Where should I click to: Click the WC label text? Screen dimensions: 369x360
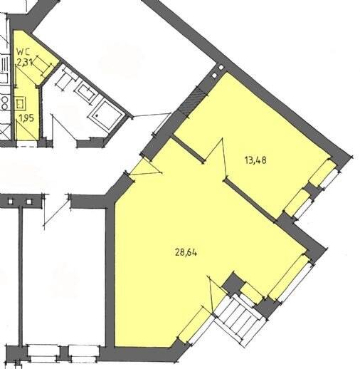tap(24, 51)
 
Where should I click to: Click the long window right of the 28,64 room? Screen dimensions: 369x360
tap(288, 278)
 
